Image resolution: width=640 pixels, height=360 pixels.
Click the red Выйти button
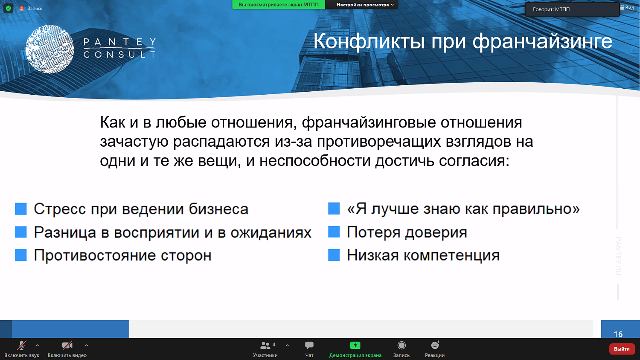coord(622,349)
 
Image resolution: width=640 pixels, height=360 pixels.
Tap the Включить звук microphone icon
coord(21,345)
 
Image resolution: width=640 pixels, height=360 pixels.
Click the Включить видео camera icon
coord(67,345)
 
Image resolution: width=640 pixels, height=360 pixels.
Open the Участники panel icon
coord(265,345)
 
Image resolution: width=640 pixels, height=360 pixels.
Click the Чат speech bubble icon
coord(309,345)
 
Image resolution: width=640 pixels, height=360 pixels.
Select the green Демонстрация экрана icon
coord(355,345)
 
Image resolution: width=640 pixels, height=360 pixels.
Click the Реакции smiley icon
coord(435,345)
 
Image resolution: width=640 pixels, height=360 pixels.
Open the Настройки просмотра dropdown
coord(365,5)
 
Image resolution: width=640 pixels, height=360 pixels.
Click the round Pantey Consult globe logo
coord(50,49)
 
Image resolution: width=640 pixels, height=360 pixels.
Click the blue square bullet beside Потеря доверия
coord(334,232)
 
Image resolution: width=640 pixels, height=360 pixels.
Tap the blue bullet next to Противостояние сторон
coord(21,255)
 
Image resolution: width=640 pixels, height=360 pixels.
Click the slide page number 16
coord(618,334)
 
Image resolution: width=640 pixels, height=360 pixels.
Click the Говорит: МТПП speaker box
coord(572,9)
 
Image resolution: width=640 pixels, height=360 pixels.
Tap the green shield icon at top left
coord(8,8)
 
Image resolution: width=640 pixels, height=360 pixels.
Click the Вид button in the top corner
coord(627,8)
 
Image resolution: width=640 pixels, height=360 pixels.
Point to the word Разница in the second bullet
coord(65,232)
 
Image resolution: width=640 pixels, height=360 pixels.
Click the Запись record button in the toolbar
coord(401,345)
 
